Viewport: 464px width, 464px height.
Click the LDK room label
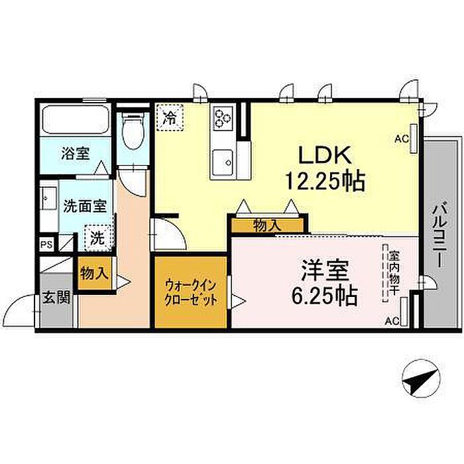tap(325, 155)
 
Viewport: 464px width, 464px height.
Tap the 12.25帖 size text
tap(325, 181)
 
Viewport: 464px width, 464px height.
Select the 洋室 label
tap(325, 270)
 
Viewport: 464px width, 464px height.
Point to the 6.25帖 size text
tap(325, 296)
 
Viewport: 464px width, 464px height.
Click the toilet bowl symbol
tap(133, 130)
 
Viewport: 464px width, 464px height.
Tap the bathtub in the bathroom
tap(75, 120)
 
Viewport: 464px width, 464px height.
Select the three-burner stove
tap(223, 119)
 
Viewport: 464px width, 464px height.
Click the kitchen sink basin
tap(223, 163)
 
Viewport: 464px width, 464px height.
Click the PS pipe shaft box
tap(47, 245)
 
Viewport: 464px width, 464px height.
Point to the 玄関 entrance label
tap(56, 298)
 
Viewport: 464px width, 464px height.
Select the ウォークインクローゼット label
tap(191, 293)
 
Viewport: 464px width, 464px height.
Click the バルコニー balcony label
tap(440, 235)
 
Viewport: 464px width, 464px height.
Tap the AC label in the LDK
tap(402, 139)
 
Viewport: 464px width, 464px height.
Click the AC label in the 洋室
tap(392, 321)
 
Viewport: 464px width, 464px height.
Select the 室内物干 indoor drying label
tap(394, 273)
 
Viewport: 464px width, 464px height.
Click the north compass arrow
tap(421, 378)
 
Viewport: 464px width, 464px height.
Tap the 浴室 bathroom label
tap(76, 154)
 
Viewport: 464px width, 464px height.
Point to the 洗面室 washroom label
tap(86, 206)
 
